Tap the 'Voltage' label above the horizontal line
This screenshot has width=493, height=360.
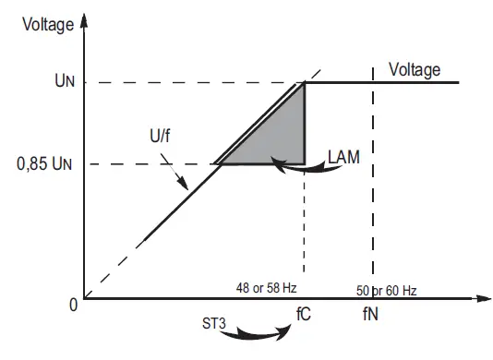[x=415, y=70]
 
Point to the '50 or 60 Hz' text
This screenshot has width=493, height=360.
[x=387, y=290]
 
